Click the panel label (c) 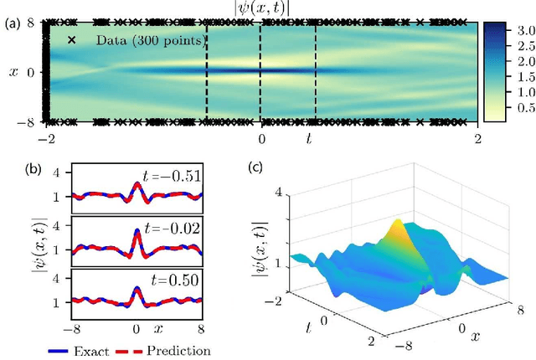[x=259, y=165]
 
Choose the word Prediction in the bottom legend [x=178, y=351]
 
